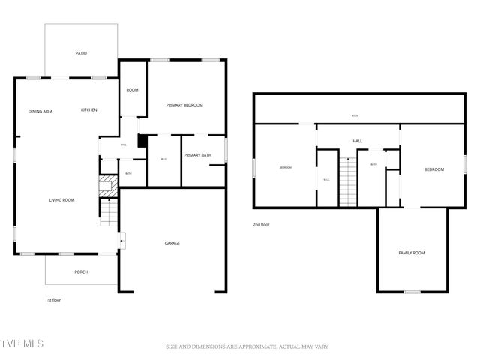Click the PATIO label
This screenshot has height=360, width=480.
(81, 54)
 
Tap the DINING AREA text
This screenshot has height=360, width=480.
(40, 111)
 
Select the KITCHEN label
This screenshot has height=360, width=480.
(88, 110)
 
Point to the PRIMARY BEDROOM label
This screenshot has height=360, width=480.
(184, 105)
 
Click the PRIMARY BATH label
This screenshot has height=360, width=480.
(198, 155)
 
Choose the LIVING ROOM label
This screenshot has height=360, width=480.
(61, 200)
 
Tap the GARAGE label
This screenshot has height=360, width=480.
(172, 243)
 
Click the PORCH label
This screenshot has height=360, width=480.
(80, 272)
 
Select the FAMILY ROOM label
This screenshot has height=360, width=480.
(411, 253)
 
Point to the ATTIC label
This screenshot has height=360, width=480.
(355, 116)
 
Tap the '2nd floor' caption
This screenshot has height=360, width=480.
(261, 224)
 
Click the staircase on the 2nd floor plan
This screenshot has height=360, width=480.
(348, 181)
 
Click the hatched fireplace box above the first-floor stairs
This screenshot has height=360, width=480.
(109, 185)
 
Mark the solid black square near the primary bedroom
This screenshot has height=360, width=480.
(142, 141)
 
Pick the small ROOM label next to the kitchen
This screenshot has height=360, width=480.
(132, 90)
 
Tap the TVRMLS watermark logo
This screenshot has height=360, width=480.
(22, 343)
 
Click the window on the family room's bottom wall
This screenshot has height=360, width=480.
(411, 291)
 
